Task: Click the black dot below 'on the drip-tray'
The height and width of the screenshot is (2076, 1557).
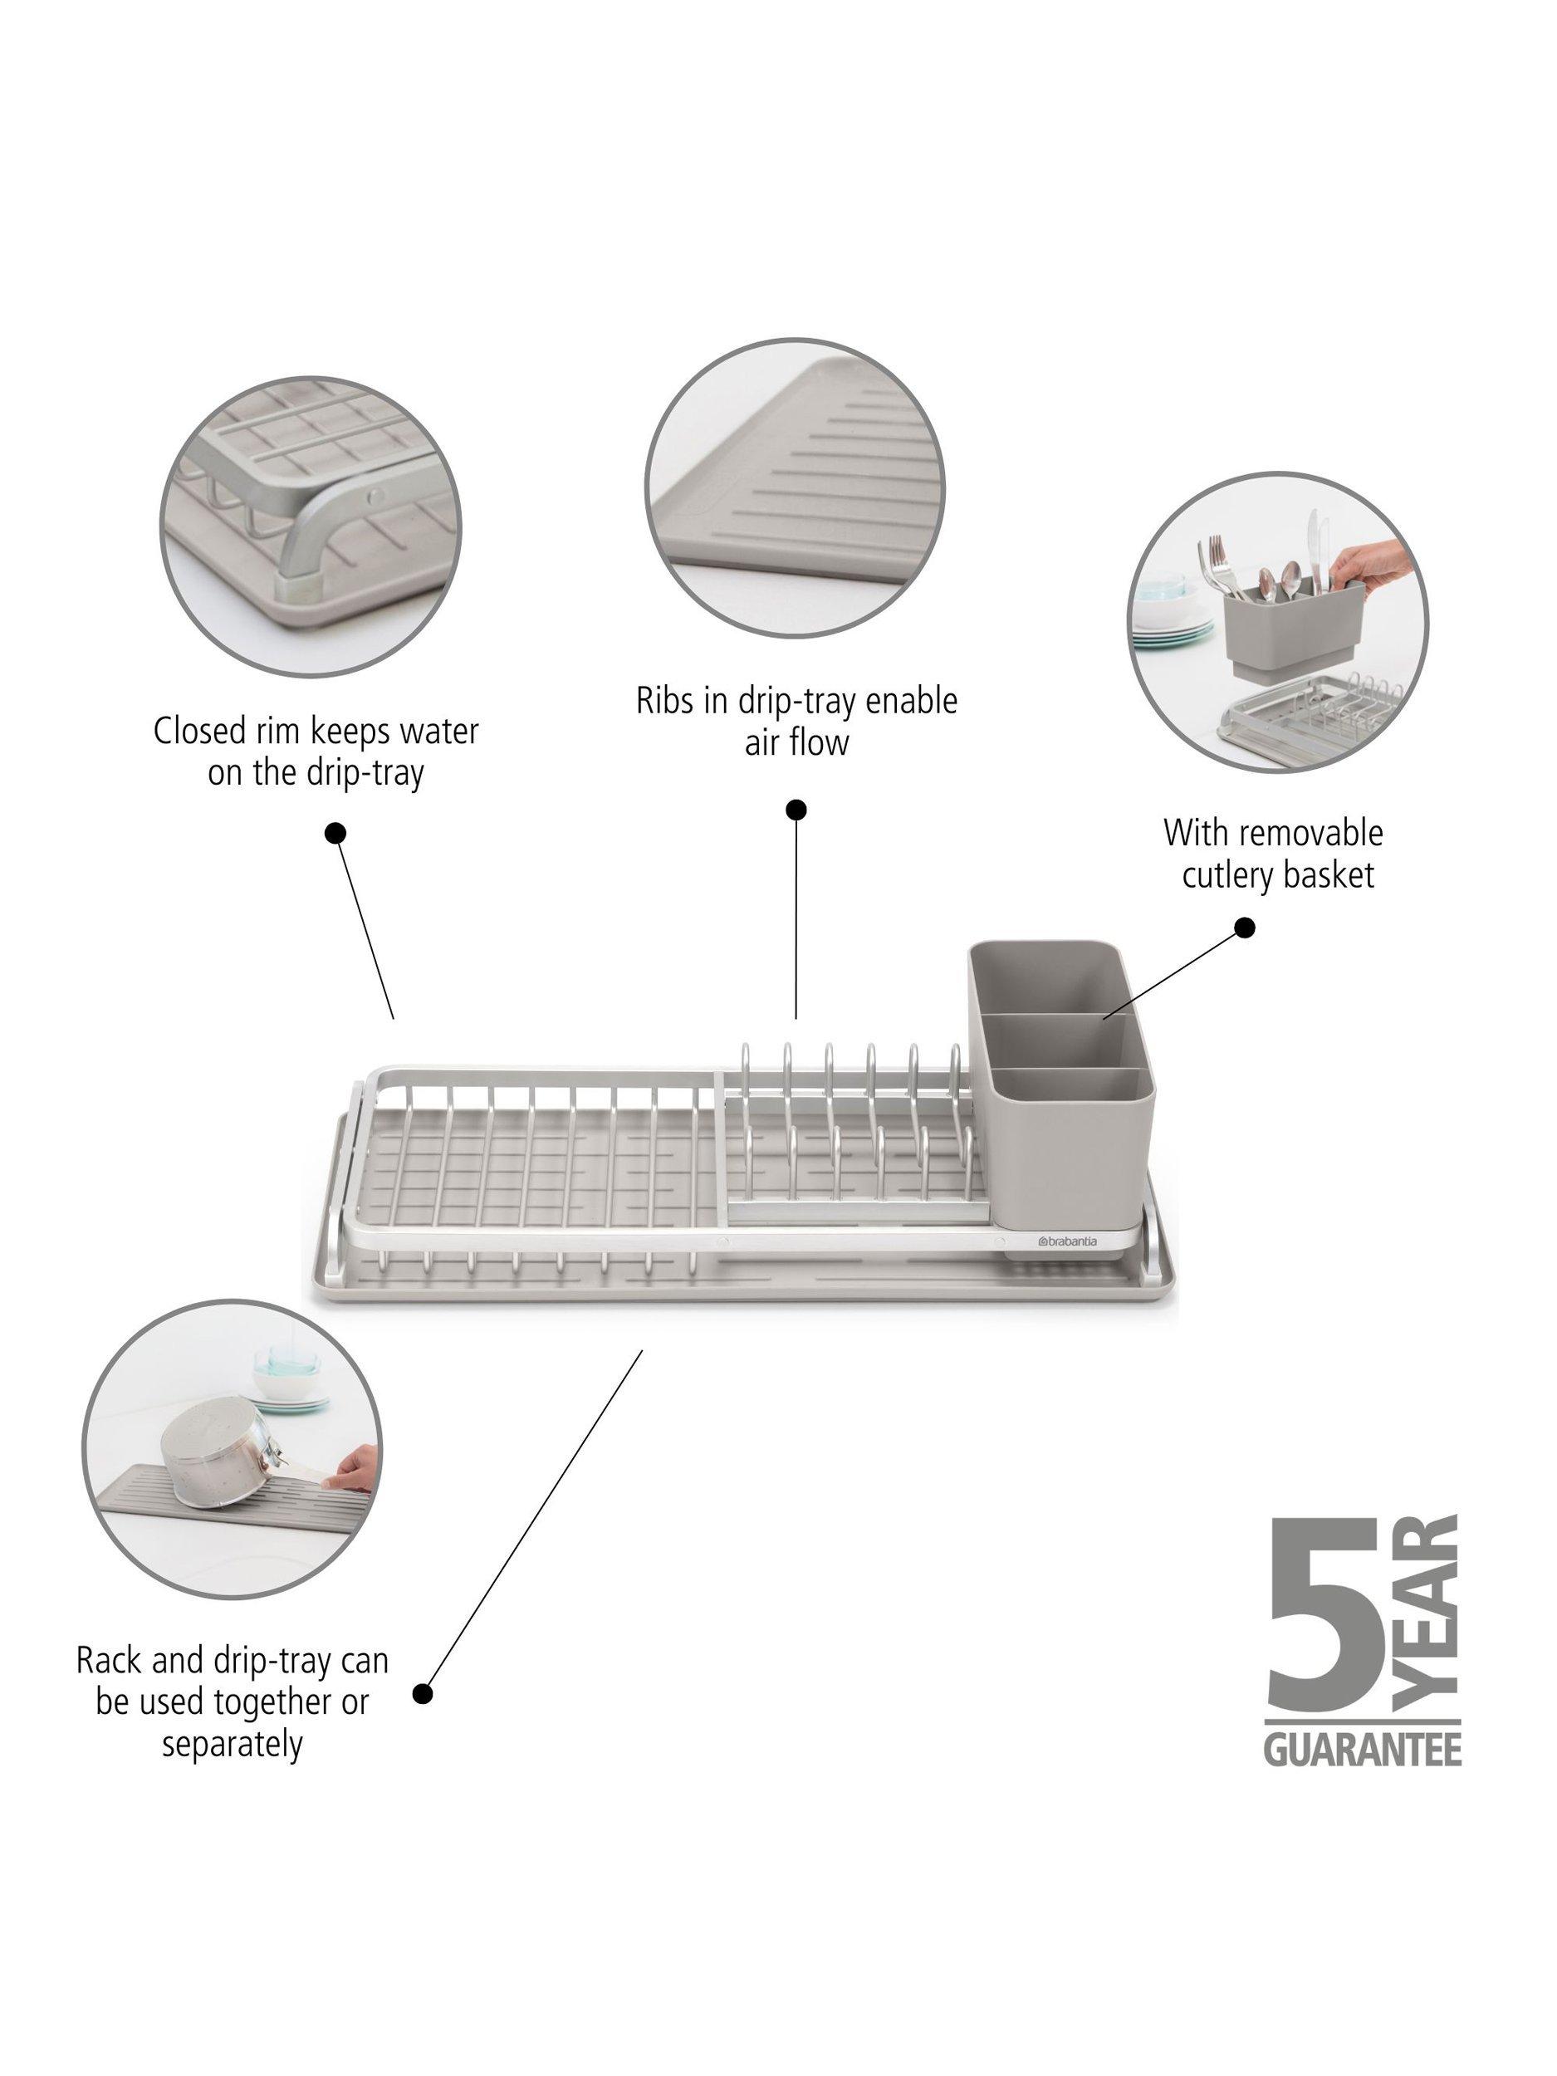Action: coord(335,832)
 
